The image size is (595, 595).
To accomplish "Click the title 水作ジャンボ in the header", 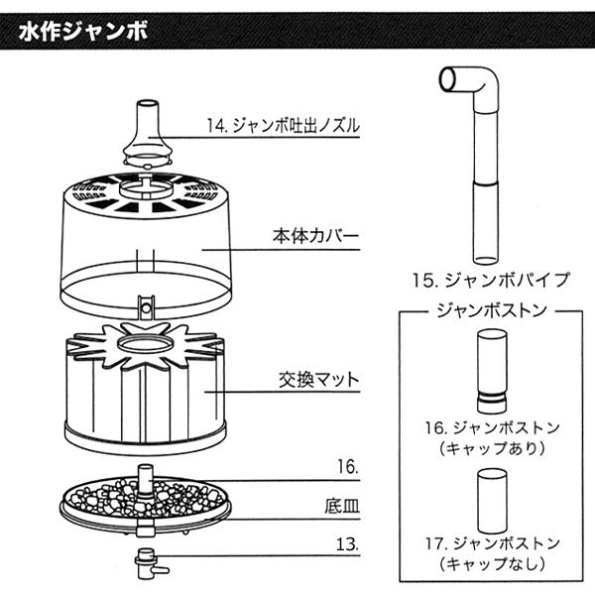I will [x=83, y=31].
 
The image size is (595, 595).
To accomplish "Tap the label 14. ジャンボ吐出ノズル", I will [x=284, y=126].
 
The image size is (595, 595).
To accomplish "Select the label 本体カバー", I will [x=314, y=238].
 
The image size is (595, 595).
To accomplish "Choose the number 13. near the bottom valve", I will [x=346, y=544].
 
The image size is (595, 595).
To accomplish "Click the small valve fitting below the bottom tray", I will [x=149, y=563].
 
